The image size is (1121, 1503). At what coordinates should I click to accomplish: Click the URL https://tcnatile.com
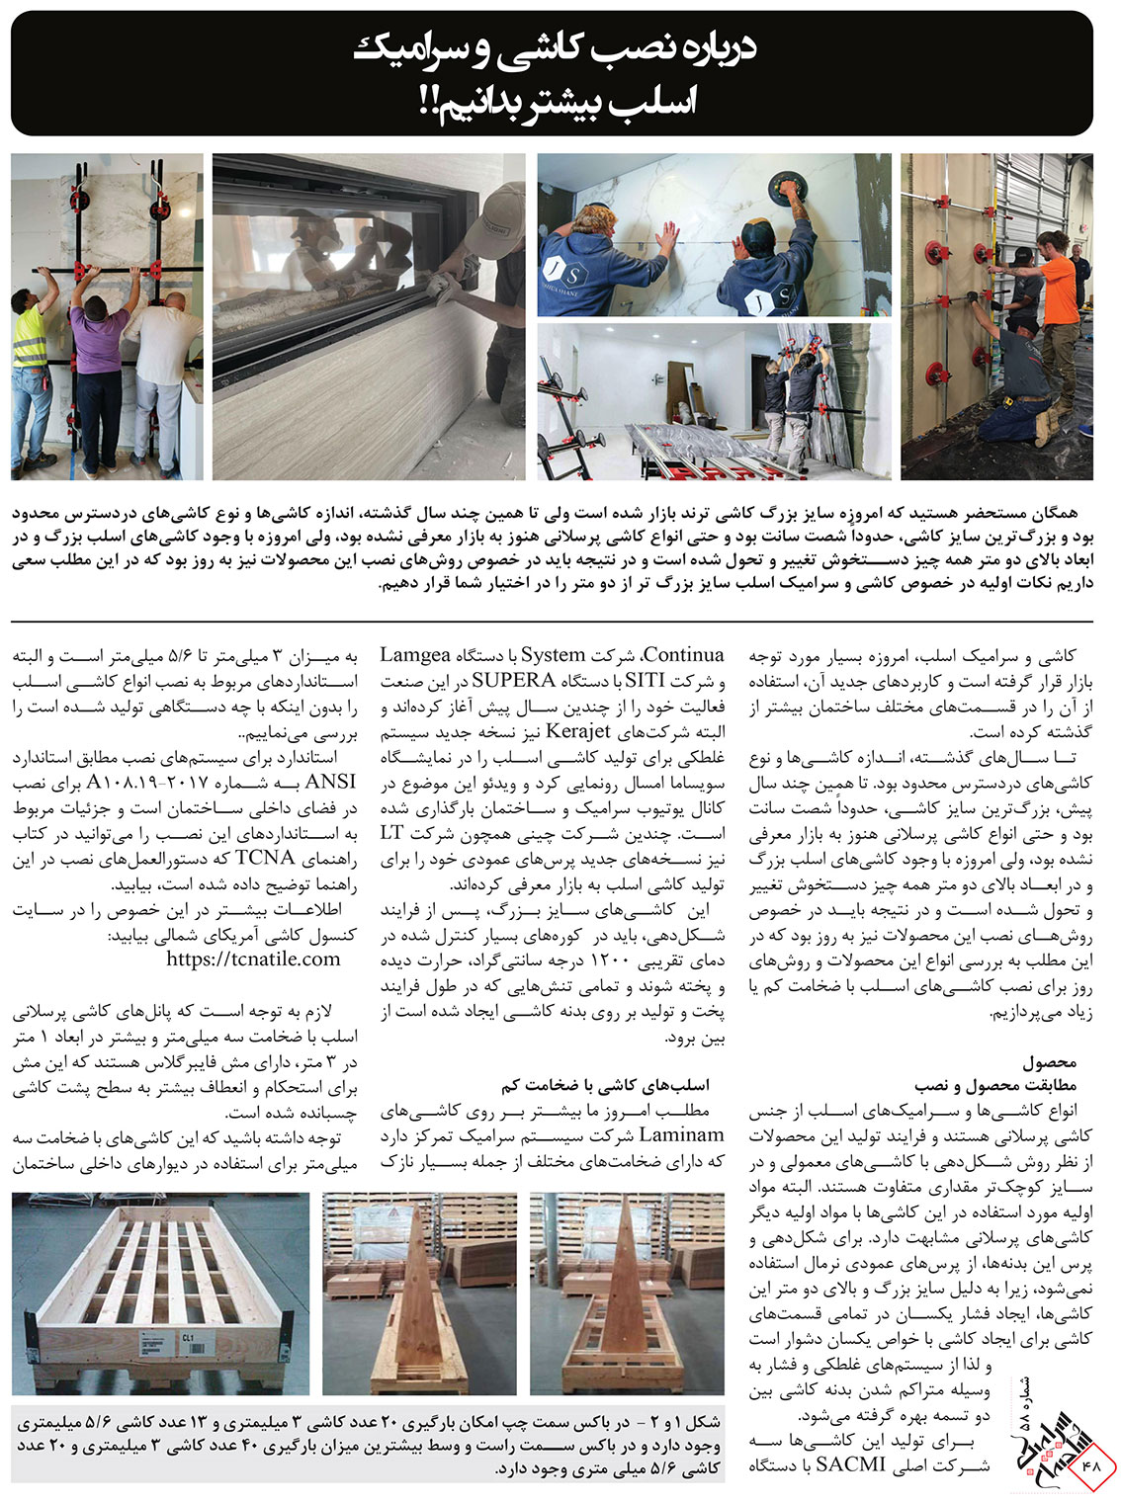[253, 958]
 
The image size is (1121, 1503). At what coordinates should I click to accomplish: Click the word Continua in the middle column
[683, 655]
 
